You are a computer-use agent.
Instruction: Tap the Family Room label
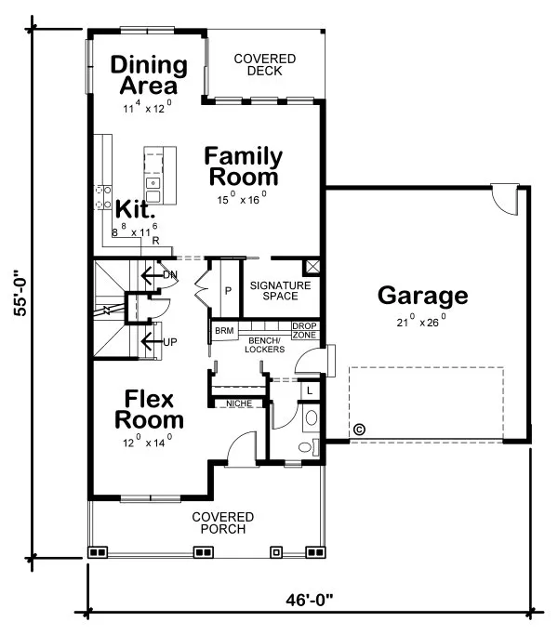[x=242, y=165]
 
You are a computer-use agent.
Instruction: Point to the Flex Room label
[x=149, y=410]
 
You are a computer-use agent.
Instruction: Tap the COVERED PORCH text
[x=223, y=523]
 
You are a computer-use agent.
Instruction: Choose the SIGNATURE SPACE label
[x=280, y=289]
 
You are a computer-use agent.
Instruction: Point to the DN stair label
[x=169, y=274]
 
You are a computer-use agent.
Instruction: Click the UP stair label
[x=169, y=341]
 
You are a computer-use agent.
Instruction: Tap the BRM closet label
[x=224, y=331]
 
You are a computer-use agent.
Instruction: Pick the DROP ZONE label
[x=304, y=330]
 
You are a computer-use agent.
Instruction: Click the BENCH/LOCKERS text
[x=264, y=345]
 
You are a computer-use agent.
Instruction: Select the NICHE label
[x=239, y=403]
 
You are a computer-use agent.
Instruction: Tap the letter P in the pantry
[x=227, y=291]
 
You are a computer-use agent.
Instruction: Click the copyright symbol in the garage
[x=359, y=429]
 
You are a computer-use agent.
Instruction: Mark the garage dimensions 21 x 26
[x=422, y=322]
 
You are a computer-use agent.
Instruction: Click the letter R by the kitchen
[x=155, y=241]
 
